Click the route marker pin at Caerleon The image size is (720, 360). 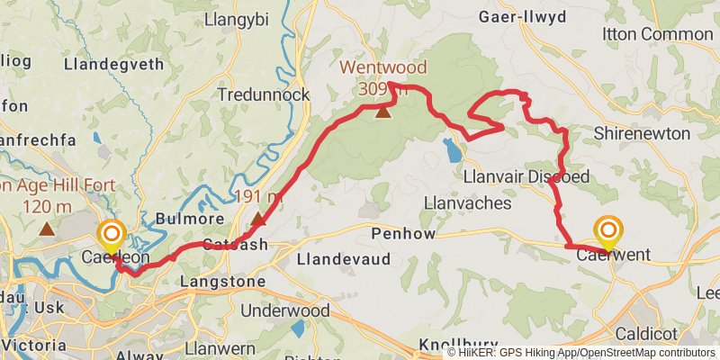tap(112, 236)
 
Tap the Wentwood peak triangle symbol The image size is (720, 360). tap(383, 112)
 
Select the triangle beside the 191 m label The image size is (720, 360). tap(259, 219)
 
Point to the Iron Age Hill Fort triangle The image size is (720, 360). tap(47, 229)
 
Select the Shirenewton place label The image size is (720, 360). tap(643, 133)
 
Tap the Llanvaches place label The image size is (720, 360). tap(467, 203)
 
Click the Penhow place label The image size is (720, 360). tap(403, 234)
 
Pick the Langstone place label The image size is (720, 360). tap(223, 282)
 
